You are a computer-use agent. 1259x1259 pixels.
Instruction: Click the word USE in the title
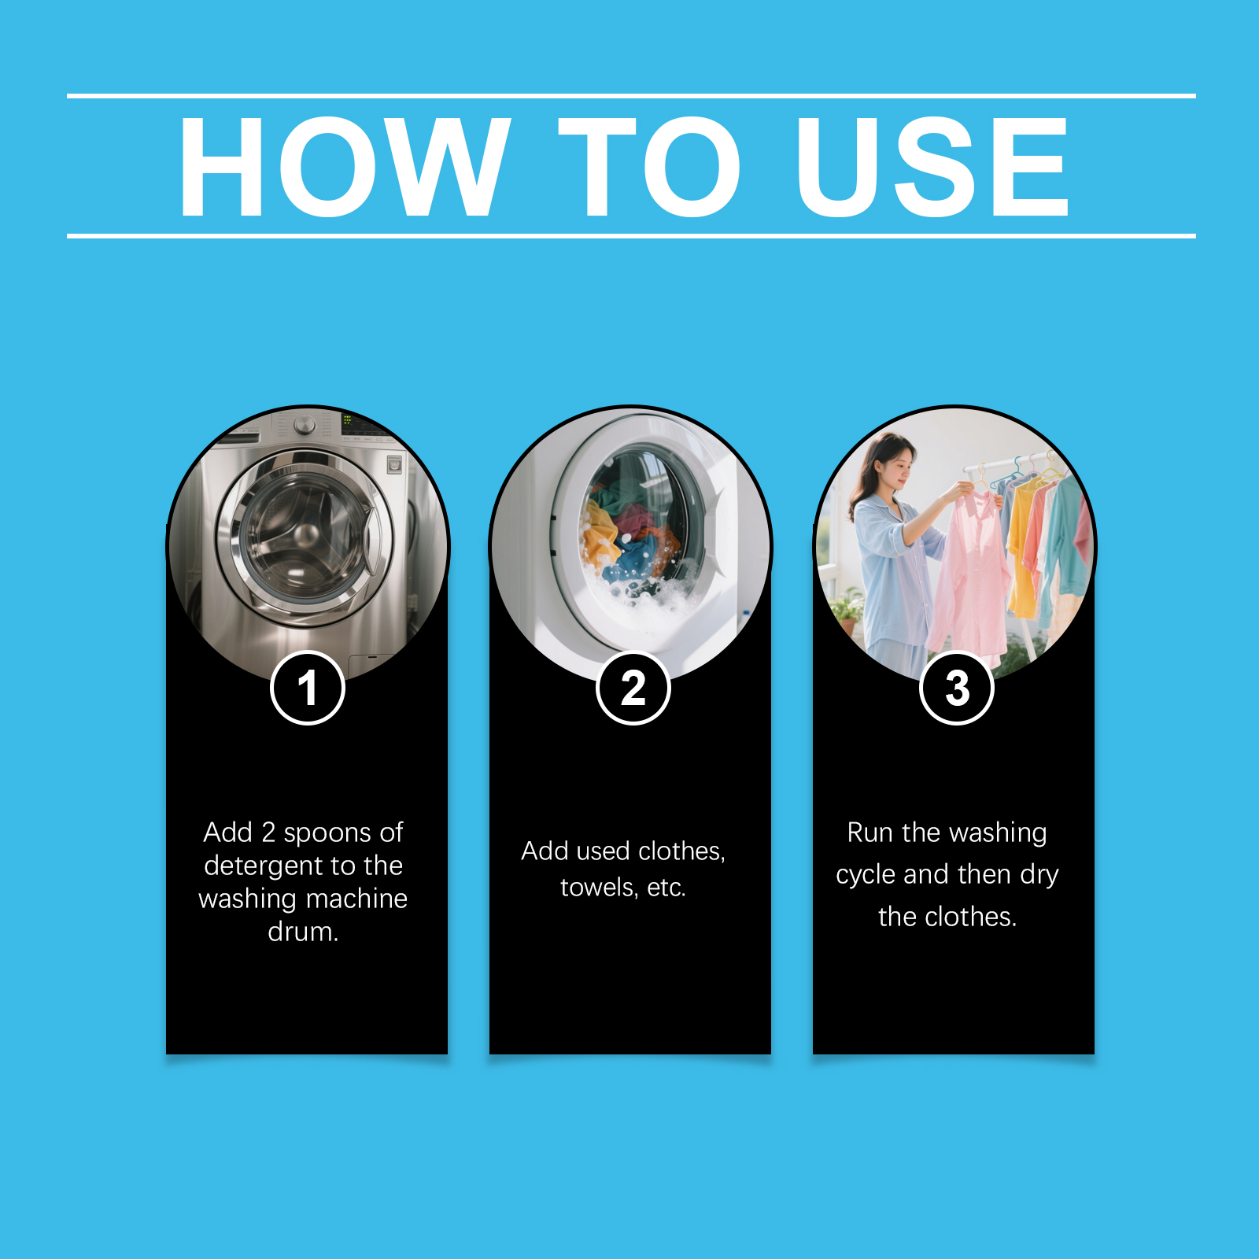(933, 166)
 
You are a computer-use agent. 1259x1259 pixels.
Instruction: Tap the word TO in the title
(650, 166)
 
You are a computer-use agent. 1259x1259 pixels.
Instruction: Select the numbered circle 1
(308, 688)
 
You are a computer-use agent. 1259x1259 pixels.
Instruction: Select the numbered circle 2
(633, 688)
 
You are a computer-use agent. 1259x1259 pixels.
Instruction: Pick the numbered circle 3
(957, 688)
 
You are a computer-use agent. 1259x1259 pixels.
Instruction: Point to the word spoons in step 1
(327, 833)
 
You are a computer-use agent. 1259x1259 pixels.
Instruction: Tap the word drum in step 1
(300, 932)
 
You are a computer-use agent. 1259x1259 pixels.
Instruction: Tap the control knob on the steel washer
(305, 426)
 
